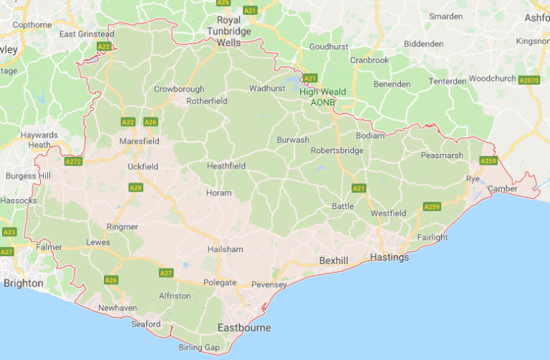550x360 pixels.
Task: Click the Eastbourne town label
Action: pos(244,328)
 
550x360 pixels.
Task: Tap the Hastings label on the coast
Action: pos(390,257)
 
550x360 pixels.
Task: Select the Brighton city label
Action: pos(23,283)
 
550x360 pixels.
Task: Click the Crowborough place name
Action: pos(179,89)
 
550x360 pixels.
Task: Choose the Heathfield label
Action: pos(226,166)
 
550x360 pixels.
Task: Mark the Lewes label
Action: pos(97,243)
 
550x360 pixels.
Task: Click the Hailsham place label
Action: pos(225,249)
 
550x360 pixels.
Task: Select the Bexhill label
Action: pos(333,261)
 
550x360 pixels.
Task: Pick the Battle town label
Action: pos(342,206)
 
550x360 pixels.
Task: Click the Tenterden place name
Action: pos(447,82)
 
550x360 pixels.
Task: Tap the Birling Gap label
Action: pos(200,348)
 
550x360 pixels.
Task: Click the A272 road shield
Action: pos(73,162)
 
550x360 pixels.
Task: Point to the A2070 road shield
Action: pos(529,80)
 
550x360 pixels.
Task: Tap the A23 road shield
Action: pos(9,232)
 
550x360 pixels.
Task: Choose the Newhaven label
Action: pos(117,308)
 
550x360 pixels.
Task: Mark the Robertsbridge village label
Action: pos(337,150)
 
